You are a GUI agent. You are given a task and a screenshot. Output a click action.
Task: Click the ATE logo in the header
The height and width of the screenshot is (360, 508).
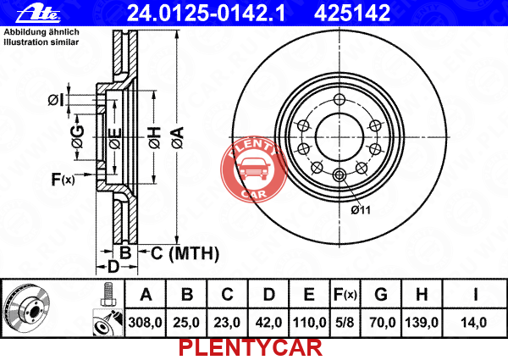point(38,14)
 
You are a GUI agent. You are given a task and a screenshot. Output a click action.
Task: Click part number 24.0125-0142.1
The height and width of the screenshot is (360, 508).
point(206,13)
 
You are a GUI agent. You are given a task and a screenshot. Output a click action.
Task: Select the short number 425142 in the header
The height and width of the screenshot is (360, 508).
point(352,13)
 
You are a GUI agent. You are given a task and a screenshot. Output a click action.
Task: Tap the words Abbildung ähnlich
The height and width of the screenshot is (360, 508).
point(41,32)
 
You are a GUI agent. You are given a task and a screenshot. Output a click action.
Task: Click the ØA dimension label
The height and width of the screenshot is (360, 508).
point(178,138)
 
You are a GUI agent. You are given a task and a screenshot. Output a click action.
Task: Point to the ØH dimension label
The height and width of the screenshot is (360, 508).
point(155,138)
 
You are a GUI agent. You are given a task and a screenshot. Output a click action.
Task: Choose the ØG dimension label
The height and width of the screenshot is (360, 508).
point(78,136)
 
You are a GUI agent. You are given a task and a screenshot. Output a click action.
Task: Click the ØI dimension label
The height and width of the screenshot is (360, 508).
point(56,100)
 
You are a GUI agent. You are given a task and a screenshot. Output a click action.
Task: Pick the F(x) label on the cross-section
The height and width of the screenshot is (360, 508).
point(63,179)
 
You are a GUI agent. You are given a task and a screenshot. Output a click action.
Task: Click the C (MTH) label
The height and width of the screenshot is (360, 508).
point(185,253)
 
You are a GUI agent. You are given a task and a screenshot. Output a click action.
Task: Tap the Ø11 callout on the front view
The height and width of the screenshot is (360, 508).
point(361,210)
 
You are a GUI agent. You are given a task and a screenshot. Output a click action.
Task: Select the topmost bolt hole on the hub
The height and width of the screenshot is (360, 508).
point(340,99)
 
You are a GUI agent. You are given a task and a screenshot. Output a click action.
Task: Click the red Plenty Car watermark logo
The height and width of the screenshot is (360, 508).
point(254,169)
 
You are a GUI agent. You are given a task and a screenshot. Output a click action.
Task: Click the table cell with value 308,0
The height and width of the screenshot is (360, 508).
point(145,323)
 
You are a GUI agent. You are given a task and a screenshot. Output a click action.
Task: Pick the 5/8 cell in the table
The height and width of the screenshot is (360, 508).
point(345,323)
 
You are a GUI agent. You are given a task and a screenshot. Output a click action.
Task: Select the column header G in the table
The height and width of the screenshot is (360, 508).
point(381,294)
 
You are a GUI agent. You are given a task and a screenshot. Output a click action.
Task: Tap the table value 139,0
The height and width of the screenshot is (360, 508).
point(422,323)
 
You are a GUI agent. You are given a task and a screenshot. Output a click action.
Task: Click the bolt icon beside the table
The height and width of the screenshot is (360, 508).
point(107,294)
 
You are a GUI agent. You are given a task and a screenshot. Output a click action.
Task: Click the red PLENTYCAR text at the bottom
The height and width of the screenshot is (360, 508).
point(251,348)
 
